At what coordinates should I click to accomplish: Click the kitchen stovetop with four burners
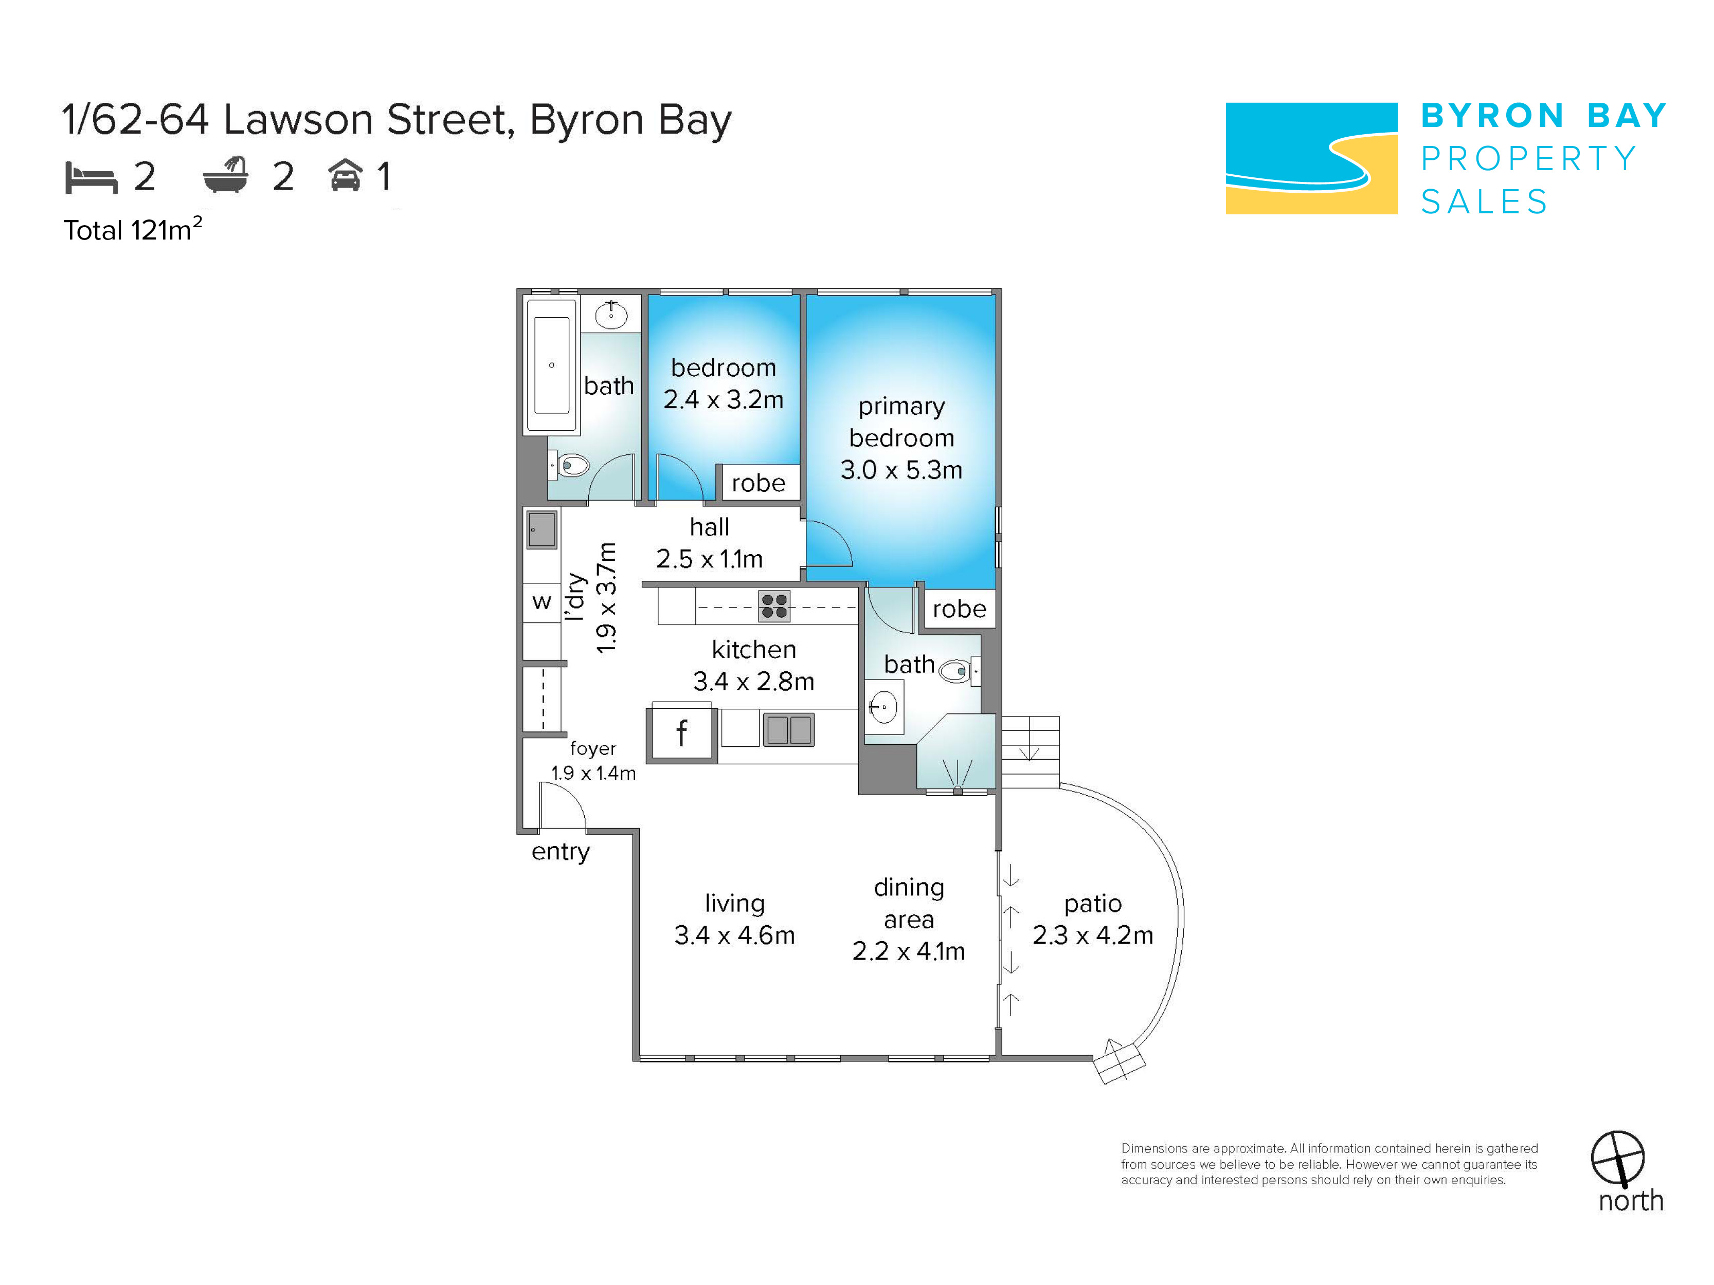click(x=774, y=605)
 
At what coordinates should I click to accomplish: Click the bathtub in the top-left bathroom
click(x=552, y=365)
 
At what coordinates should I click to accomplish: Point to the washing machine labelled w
click(x=542, y=602)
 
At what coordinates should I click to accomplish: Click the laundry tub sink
click(x=542, y=530)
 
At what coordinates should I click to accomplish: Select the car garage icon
click(x=346, y=175)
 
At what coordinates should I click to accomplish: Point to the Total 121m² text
click(x=133, y=229)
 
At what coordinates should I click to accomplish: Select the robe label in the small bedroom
click(x=759, y=483)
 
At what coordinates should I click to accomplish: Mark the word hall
click(x=710, y=527)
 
